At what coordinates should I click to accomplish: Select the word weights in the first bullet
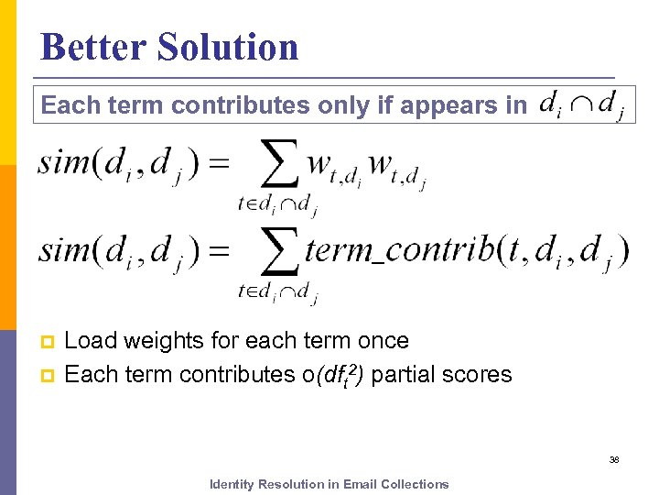tap(157, 341)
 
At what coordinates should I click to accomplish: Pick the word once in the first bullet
tap(383, 341)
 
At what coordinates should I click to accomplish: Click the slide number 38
tap(614, 459)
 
